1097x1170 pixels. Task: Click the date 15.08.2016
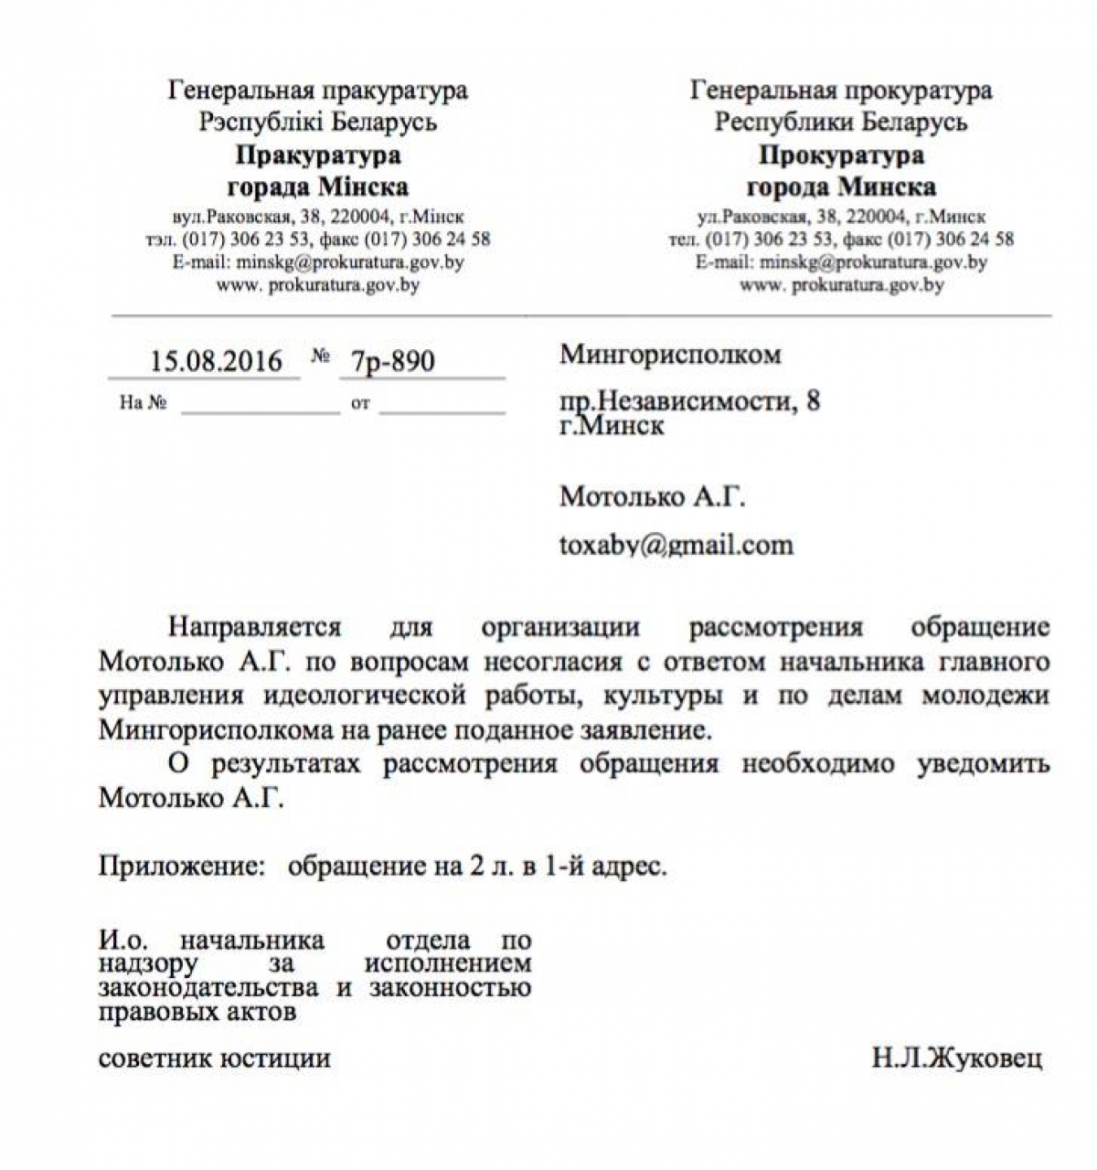coord(216,361)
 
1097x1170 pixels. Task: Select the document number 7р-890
coord(387,362)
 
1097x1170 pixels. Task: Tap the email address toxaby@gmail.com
coord(676,545)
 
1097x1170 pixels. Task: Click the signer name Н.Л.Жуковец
coord(956,1059)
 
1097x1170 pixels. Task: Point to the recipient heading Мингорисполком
coord(670,355)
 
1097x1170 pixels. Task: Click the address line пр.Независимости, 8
coord(689,401)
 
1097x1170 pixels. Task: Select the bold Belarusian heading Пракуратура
coord(317,154)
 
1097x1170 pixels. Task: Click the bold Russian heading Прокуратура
coord(840,154)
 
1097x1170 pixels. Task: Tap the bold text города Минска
coord(840,187)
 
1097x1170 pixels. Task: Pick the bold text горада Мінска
coord(317,187)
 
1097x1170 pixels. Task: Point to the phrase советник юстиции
coord(214,1059)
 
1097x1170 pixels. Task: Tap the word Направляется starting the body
coord(254,628)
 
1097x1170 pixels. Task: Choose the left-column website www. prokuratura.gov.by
coord(317,285)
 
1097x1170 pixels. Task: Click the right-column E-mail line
coord(840,262)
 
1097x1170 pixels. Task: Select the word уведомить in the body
coord(983,763)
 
